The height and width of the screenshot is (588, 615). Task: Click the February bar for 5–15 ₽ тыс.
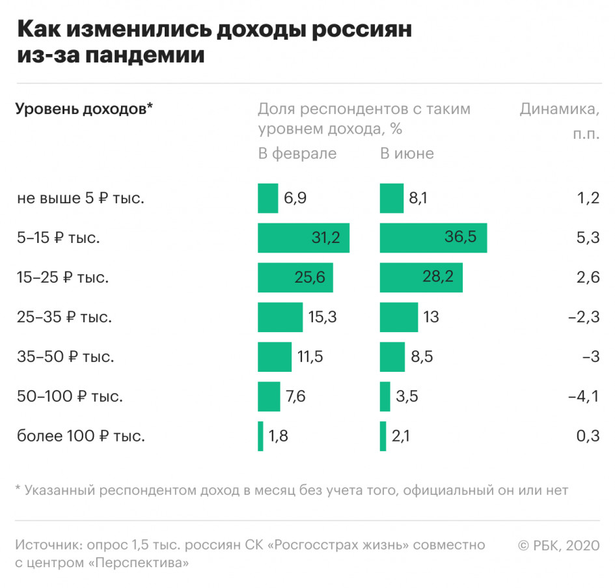coord(303,238)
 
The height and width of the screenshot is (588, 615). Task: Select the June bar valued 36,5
coord(433,238)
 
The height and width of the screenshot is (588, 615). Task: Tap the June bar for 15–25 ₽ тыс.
coord(421,277)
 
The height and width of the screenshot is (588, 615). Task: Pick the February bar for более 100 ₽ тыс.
coord(260,436)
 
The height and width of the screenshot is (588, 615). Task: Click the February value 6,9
coord(295,199)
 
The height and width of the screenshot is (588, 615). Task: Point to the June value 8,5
coord(421,357)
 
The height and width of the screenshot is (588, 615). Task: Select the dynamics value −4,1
coord(586,397)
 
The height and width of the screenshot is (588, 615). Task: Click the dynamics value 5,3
coord(588,238)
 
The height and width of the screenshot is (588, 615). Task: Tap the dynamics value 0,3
coord(588,436)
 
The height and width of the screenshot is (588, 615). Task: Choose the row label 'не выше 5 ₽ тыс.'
coord(81,199)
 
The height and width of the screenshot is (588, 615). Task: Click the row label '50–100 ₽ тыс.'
coord(70,397)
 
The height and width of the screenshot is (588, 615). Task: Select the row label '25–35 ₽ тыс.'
coord(64,317)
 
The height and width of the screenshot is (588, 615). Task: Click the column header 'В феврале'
coord(297,154)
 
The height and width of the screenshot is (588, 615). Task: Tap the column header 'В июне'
coord(407,154)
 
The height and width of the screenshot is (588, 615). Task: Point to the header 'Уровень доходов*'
coord(84,109)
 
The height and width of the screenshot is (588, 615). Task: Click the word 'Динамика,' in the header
coord(559,109)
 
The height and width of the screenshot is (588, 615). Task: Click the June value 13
coord(430,317)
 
